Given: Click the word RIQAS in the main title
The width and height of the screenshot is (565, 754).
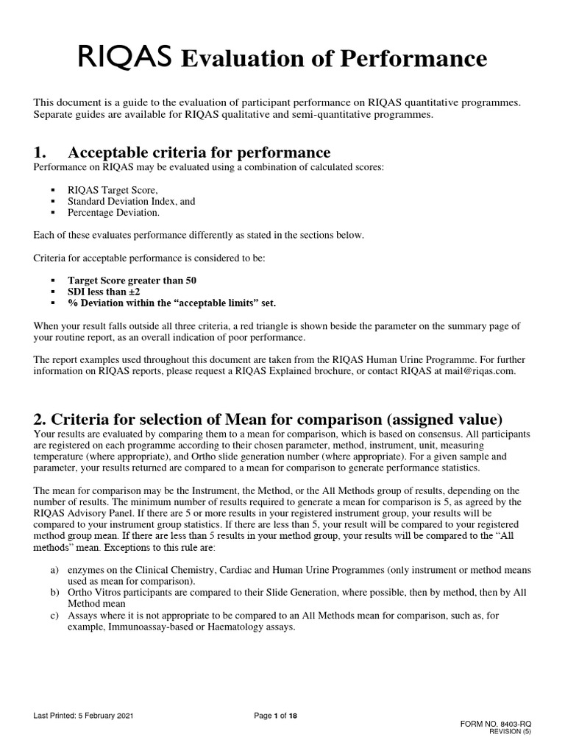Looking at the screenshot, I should (125, 57).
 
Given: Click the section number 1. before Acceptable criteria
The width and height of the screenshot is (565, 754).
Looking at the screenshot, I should (40, 152).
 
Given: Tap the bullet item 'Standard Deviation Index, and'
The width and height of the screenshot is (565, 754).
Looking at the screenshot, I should (131, 201).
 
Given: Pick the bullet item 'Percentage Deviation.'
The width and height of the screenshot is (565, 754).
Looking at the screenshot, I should (113, 212).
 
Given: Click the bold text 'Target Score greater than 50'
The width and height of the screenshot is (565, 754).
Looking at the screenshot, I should (132, 281).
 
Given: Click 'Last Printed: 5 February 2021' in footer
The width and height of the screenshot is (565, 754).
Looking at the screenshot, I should (83, 716).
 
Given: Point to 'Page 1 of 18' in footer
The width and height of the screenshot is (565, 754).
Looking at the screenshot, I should (275, 716).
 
